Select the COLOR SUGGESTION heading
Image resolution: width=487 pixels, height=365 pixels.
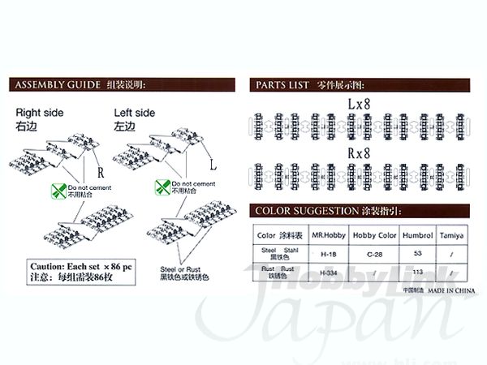307,210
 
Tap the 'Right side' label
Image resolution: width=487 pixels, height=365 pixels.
39,113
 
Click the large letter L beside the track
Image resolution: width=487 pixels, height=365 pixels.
213,165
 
